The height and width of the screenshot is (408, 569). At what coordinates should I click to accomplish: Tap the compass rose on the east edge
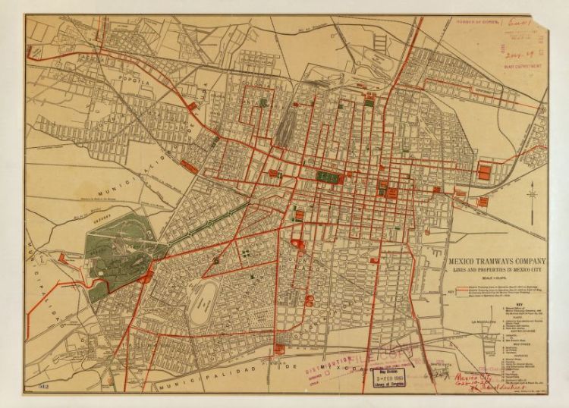532,196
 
